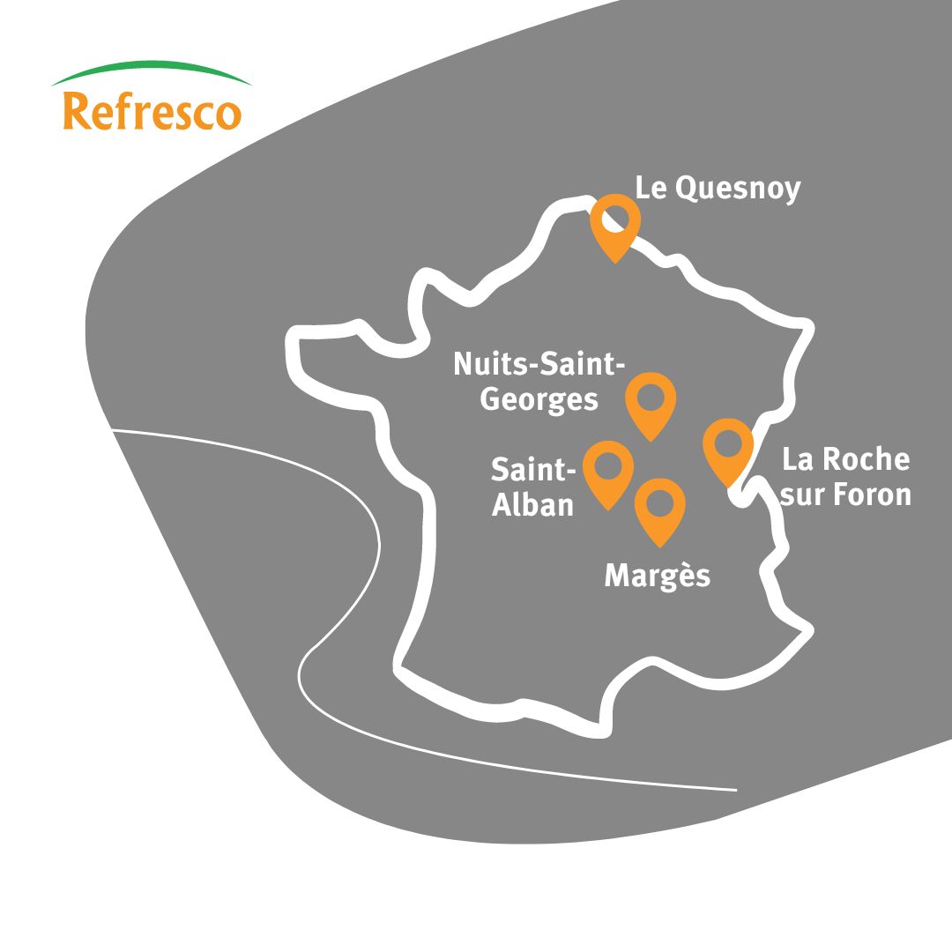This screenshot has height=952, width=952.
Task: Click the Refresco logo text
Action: tap(152, 113)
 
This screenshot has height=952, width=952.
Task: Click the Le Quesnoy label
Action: tap(718, 189)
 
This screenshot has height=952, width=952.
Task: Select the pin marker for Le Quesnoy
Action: tap(614, 225)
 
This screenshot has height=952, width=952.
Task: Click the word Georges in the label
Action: tap(539, 399)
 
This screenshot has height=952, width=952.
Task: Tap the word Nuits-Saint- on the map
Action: tap(539, 363)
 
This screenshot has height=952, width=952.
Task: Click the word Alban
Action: tap(532, 505)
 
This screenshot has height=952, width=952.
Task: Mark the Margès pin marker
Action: tap(660, 509)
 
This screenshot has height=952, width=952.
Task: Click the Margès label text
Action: tap(657, 576)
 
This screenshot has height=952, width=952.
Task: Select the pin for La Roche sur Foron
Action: tap(728, 449)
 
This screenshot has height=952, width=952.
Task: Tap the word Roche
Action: tap(866, 459)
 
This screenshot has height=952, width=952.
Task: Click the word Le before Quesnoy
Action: tap(651, 188)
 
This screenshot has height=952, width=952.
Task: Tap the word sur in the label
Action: tap(801, 495)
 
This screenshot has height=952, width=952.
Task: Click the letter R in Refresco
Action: tap(77, 113)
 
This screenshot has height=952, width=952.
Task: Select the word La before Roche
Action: tap(798, 459)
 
